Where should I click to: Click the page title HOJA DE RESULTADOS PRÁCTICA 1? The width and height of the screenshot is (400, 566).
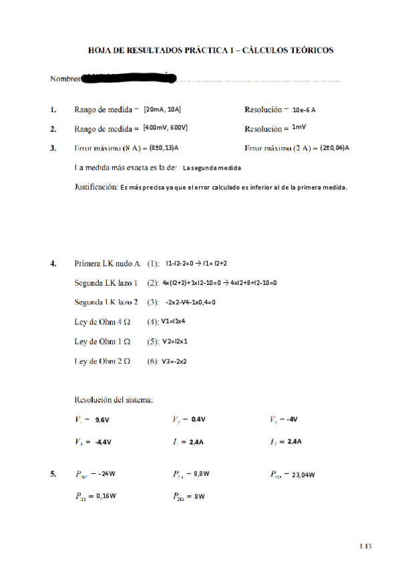(211, 50)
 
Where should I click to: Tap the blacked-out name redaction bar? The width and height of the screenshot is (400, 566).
(128, 79)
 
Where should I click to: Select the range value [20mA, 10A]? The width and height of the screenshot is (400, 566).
(162, 109)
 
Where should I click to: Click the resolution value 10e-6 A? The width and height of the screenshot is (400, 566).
(304, 109)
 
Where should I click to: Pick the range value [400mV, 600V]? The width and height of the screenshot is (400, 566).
(165, 128)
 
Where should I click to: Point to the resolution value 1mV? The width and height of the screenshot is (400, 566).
(298, 127)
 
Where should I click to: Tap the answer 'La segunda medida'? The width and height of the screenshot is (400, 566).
(211, 168)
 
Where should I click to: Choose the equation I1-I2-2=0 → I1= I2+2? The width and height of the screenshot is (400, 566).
(201, 264)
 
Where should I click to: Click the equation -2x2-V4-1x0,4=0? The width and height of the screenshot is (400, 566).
(190, 302)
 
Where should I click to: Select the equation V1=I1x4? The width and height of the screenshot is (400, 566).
(174, 322)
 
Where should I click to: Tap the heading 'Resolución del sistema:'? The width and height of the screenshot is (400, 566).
(114, 400)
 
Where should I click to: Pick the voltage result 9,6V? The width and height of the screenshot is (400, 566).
(102, 420)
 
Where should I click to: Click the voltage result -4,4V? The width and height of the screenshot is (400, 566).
(102, 442)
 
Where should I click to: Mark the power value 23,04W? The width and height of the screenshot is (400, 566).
(303, 475)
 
